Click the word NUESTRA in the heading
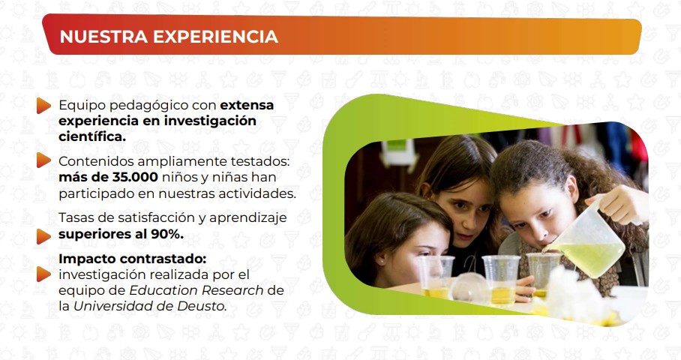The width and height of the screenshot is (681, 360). click(103, 37)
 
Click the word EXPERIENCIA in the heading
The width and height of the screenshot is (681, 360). click(215, 37)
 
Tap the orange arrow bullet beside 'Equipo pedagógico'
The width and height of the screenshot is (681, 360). click(43, 106)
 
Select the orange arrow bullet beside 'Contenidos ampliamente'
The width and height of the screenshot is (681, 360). click(43, 160)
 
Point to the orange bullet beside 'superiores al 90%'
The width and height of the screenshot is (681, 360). click(43, 236)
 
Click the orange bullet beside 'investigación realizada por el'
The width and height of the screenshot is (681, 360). click(43, 274)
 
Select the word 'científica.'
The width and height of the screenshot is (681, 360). click(92, 136)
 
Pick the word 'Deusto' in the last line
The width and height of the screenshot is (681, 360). click(204, 306)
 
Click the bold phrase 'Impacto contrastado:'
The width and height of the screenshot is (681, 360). click(133, 259)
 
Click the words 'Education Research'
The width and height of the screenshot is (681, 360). click(196, 290)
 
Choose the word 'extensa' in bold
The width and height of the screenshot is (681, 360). click(247, 105)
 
